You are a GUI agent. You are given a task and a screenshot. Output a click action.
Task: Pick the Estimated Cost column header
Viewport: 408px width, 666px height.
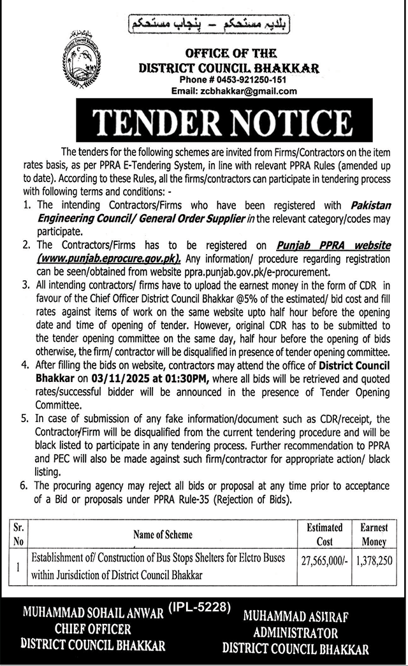pos(324,534)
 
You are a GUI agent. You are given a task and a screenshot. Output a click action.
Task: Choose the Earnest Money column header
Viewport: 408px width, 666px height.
pos(374,534)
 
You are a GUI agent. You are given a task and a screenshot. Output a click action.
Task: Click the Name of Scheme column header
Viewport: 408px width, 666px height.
pos(163,535)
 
